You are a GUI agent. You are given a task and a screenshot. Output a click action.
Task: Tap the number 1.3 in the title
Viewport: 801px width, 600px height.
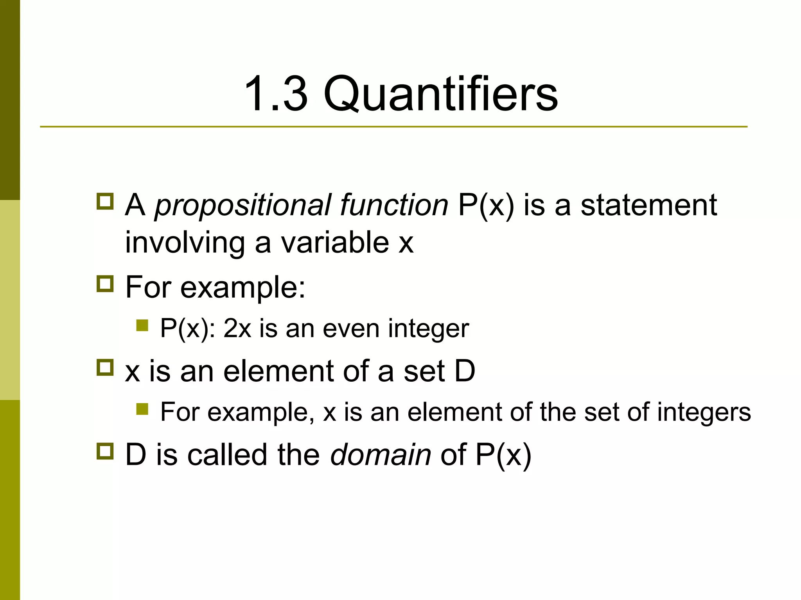point(276,94)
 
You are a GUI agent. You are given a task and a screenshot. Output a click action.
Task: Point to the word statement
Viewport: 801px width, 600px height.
point(648,205)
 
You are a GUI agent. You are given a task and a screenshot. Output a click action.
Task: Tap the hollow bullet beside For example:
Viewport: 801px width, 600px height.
point(105,284)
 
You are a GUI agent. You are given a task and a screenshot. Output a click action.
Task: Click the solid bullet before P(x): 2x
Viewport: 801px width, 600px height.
point(142,325)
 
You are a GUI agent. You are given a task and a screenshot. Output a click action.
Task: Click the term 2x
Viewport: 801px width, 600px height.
point(237,329)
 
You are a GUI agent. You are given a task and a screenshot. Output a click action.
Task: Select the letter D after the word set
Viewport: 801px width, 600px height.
point(465,371)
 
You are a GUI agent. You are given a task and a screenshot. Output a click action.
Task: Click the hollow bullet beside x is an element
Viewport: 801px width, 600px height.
point(105,368)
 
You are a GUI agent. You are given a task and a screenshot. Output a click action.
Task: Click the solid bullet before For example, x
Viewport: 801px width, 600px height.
point(142,409)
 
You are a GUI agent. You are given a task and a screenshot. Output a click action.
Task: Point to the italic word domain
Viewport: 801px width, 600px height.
point(380,455)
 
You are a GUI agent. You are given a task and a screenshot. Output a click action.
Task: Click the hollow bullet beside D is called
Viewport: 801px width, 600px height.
point(105,451)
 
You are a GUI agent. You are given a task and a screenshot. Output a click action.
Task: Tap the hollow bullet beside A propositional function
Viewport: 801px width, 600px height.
point(105,202)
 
